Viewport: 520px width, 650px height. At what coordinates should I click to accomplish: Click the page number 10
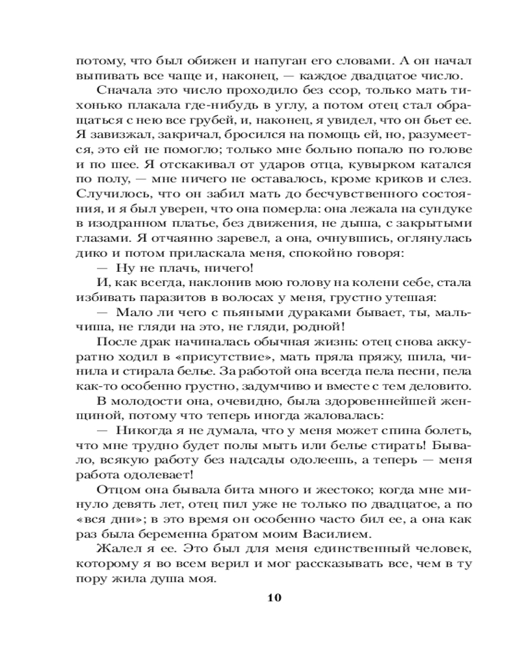click(x=274, y=598)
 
